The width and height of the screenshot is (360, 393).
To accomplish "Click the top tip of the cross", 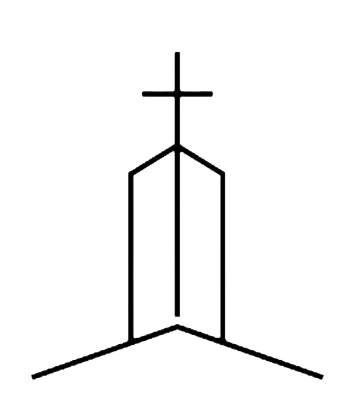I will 177,54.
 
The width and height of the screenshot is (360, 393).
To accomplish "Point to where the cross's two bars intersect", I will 177,94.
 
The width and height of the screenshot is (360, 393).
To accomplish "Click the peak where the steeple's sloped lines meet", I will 177,146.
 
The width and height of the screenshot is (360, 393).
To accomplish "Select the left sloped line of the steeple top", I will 153,159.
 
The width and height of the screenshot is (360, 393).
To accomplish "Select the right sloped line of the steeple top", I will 201,159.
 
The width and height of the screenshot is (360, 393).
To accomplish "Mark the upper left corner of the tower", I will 131,174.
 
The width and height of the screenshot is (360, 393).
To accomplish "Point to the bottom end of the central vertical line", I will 177,314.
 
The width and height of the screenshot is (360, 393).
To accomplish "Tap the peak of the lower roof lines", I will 177,326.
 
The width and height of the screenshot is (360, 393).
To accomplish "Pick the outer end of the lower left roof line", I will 33,376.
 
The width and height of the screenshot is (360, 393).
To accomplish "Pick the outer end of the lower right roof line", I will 322,377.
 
